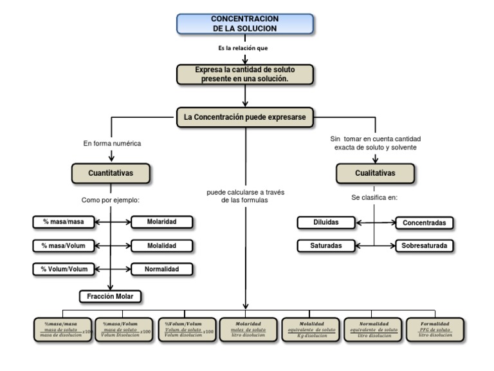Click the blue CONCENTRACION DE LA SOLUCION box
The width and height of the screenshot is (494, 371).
click(244, 24)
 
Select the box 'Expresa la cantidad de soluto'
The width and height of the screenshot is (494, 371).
click(245, 74)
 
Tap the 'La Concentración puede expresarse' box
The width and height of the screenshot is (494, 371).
click(245, 117)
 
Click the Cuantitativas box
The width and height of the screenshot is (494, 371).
click(111, 173)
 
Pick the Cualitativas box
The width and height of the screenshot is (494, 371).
click(375, 173)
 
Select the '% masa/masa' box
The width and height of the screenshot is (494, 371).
click(63, 222)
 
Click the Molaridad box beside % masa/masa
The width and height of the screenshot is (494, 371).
click(162, 222)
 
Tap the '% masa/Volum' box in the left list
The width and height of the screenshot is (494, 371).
click(63, 245)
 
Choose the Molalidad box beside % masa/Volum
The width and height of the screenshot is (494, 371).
click(162, 245)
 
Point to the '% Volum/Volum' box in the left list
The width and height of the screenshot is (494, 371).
click(63, 269)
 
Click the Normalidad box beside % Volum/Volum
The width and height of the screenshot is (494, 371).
click(162, 269)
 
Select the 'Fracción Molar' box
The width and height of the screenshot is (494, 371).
click(111, 296)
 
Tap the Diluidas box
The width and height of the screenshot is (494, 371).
click(327, 223)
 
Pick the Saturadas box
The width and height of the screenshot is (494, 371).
click(327, 246)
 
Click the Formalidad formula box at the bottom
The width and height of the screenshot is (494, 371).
click(435, 328)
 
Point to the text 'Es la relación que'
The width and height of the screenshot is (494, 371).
click(244, 48)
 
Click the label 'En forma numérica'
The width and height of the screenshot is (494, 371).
click(112, 143)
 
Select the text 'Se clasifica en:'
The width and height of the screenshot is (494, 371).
click(374, 197)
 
